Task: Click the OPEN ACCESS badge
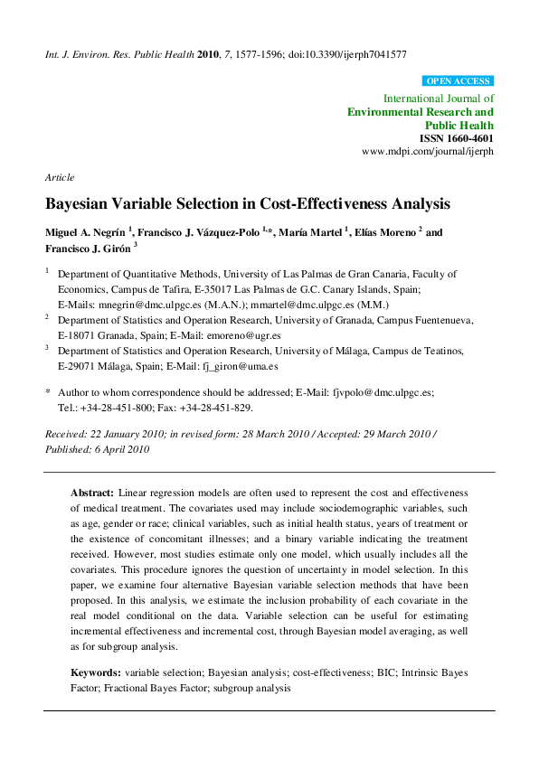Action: pos(458,80)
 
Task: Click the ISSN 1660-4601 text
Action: pos(457,139)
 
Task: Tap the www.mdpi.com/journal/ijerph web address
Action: pos(428,153)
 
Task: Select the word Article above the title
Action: pos(60,177)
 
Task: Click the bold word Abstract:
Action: pos(93,493)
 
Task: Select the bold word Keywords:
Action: pos(96,673)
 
